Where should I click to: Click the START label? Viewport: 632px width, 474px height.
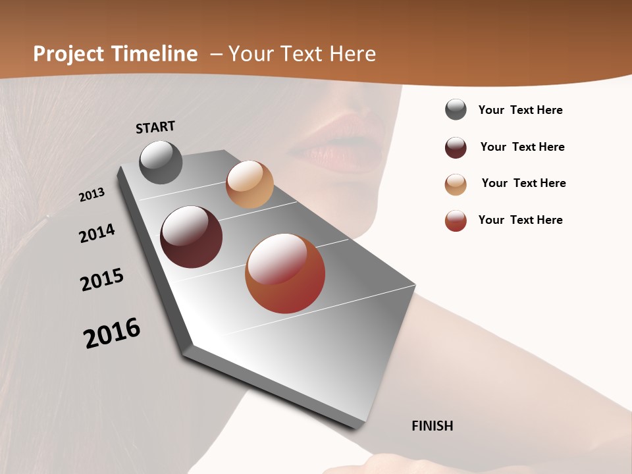(155, 126)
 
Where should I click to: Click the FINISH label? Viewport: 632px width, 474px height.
(432, 426)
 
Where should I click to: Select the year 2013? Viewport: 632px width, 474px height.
(92, 195)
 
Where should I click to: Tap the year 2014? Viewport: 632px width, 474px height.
(97, 234)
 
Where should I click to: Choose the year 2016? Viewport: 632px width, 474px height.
(112, 333)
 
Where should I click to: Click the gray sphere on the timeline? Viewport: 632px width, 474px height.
(161, 162)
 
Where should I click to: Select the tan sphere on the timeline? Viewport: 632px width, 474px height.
(250, 184)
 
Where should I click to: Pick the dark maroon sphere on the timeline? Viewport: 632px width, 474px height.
(191, 237)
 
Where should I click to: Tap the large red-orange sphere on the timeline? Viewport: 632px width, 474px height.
(285, 273)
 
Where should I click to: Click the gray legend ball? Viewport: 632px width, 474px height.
(456, 110)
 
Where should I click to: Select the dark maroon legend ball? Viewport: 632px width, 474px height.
(456, 147)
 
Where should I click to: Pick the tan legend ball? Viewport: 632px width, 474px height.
(456, 184)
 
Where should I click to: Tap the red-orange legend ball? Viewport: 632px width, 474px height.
(456, 221)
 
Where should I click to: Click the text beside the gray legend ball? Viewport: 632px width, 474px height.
(520, 110)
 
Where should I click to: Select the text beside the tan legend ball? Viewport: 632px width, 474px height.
(523, 183)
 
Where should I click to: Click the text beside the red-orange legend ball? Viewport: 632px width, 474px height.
(520, 220)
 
